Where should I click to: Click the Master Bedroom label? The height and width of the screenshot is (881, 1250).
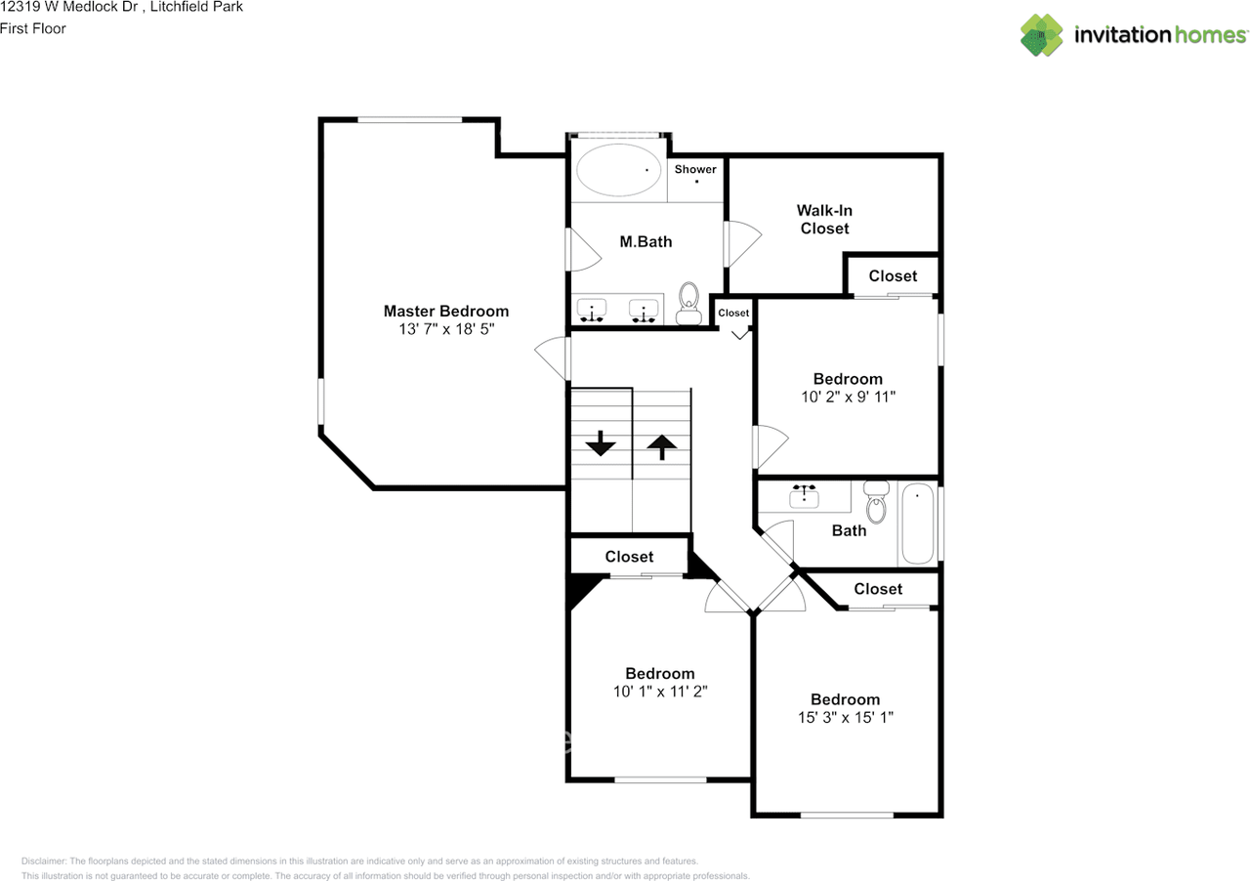click(446, 311)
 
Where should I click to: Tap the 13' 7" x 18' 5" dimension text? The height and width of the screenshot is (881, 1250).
click(446, 329)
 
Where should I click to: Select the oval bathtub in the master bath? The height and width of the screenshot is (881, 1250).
click(617, 170)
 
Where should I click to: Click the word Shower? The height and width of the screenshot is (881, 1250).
click(695, 169)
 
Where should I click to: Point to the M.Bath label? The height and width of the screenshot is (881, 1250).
click(646, 242)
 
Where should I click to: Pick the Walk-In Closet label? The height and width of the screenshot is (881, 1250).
click(825, 220)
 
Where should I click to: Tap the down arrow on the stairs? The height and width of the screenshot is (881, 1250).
click(601, 443)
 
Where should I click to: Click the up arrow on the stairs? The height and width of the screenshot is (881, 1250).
click(662, 447)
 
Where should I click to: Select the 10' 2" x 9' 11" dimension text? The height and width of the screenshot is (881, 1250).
click(849, 397)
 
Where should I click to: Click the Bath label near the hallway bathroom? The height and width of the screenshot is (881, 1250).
click(849, 530)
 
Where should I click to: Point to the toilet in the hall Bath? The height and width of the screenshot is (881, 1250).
click(876, 501)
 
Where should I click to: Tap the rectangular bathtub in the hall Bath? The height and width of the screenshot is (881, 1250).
click(918, 524)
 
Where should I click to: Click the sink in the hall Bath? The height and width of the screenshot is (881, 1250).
click(804, 496)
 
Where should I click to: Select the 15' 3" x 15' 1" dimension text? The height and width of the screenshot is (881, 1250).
click(846, 718)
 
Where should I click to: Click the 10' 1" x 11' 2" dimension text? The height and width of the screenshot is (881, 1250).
click(660, 692)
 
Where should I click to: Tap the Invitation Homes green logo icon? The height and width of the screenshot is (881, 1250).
click(1041, 35)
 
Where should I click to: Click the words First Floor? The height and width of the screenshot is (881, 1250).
click(33, 28)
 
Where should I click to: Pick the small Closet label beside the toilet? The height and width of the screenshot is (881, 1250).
click(733, 314)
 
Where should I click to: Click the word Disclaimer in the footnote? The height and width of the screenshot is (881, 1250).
click(44, 861)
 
